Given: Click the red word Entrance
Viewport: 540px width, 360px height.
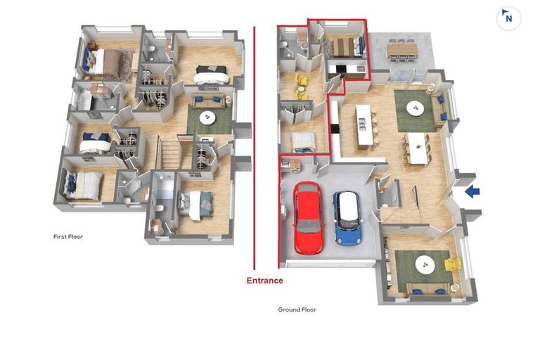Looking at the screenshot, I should pyautogui.click(x=264, y=281).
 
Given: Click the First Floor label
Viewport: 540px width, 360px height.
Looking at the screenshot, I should pyautogui.click(x=68, y=237).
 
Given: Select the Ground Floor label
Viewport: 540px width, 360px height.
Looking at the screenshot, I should pyautogui.click(x=297, y=309).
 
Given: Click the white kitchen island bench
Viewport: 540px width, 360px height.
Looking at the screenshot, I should pyautogui.click(x=364, y=126).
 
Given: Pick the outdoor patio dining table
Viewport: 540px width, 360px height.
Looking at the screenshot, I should pyautogui.click(x=401, y=48).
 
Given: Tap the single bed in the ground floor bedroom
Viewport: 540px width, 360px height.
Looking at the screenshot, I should pyautogui.click(x=304, y=141).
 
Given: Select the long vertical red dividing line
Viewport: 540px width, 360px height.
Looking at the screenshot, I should pyautogui.click(x=254, y=148).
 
